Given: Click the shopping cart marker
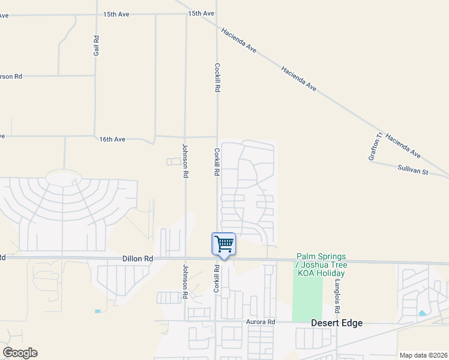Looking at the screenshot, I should tap(223, 244).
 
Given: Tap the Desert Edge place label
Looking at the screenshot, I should tap(337, 323).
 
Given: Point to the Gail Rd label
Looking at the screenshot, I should tap(96, 46).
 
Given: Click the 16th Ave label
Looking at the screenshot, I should tap(112, 139).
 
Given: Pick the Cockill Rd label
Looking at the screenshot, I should tap(217, 78).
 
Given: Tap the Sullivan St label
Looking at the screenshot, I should tap(412, 172).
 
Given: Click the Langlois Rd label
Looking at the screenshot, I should tap(337, 296).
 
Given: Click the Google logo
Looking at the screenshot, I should tap(20, 353).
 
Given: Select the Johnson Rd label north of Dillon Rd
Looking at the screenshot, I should tap(185, 161).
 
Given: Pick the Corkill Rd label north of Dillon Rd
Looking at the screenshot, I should tap(216, 162).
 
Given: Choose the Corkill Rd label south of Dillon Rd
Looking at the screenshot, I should tap(216, 278).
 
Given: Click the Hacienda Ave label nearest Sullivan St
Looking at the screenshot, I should tap(403, 146).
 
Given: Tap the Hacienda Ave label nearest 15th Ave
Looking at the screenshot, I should tap(239, 40).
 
